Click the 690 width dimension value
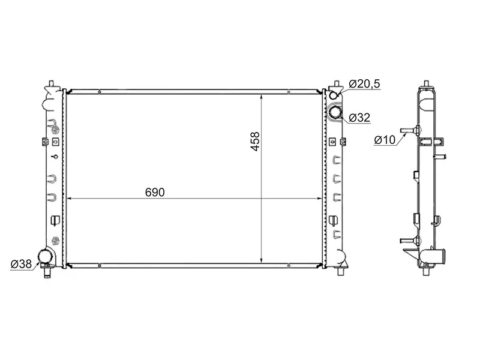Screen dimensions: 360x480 154,191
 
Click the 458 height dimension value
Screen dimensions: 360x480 255,141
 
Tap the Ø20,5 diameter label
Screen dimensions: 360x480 365,84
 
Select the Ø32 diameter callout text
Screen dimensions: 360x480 359,117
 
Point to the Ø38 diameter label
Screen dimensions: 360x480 22,263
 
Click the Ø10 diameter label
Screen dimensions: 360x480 384,140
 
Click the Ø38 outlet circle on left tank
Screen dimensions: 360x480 46,257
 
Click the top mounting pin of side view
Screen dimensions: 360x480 426,82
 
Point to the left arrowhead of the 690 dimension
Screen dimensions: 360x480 68,198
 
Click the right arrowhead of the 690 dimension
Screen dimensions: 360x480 321,198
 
